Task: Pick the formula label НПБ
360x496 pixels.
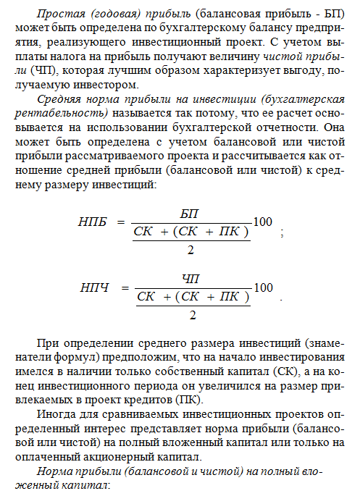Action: [x=92, y=222]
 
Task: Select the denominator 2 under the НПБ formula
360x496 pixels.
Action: [x=191, y=249]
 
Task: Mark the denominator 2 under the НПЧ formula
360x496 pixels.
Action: [x=191, y=315]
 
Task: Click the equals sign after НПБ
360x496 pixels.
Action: [x=121, y=222]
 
